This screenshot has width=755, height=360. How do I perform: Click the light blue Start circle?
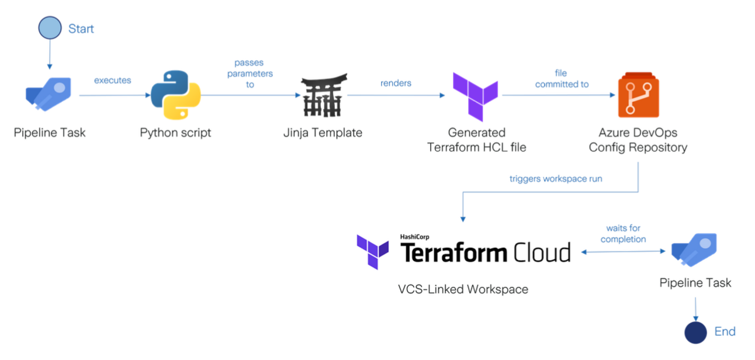coord(50,28)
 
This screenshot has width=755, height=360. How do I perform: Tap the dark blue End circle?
coord(695,332)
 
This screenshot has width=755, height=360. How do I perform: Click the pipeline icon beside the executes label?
coord(49,94)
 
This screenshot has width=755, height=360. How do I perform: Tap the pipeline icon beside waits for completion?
coord(694,250)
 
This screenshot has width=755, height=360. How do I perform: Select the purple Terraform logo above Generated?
coord(475,96)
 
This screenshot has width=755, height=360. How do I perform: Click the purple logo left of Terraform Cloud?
coord(373,251)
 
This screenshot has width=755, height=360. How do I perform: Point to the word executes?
coord(113,80)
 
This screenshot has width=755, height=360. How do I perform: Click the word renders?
coord(396,83)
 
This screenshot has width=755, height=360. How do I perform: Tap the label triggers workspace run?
coord(555,179)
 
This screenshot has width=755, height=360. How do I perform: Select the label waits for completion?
coord(623,234)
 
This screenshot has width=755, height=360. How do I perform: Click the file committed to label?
coord(562,78)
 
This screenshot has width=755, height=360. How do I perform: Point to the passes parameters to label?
coord(250,74)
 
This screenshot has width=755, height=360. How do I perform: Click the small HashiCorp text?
coord(415,237)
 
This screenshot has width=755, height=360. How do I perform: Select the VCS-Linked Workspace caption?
coord(463,289)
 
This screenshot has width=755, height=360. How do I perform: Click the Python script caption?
coord(175,133)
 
